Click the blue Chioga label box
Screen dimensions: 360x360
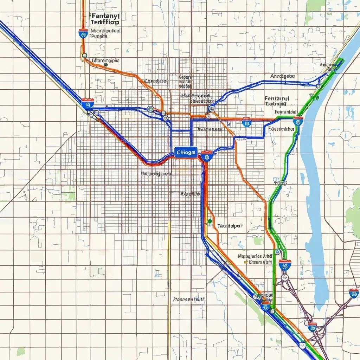[186, 152]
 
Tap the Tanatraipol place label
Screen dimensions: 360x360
[230, 226]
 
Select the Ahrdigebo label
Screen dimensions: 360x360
[283, 76]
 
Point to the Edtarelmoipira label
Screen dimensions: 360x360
[105, 60]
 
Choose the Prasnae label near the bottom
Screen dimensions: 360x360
[189, 300]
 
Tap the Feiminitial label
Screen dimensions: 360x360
[285, 111]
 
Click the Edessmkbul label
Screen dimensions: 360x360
[281, 129]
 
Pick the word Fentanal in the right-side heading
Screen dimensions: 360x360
[277, 99]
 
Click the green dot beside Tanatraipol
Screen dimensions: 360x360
[210, 221]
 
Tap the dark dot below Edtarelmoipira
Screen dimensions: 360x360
[106, 65]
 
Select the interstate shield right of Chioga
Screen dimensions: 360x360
[207, 156]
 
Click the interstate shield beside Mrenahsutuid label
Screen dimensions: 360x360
[83, 34]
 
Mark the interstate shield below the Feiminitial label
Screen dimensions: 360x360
[298, 122]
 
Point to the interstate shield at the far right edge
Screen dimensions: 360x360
[354, 293]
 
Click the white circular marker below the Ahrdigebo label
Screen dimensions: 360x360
[319, 86]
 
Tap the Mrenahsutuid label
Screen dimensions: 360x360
[105, 31]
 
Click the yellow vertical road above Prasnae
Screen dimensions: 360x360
[169, 267]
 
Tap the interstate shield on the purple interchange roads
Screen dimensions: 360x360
[312, 327]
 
